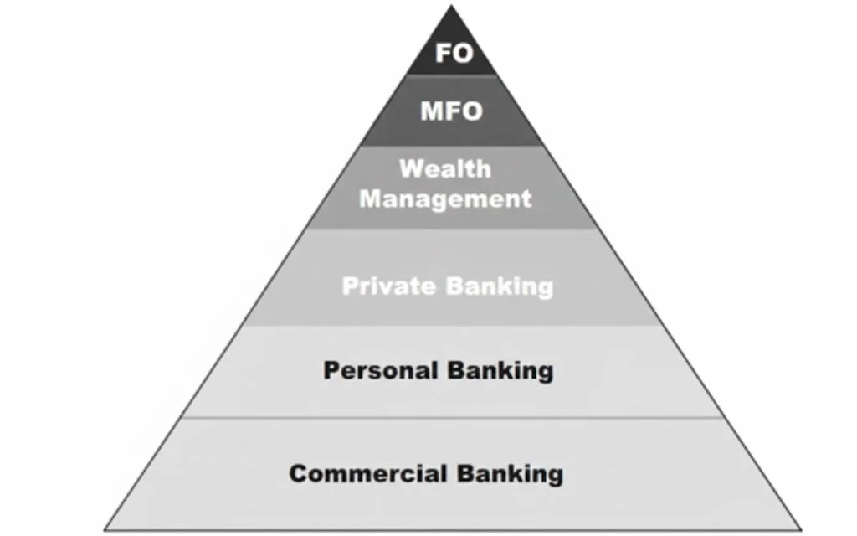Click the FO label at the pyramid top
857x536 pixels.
pos(454,54)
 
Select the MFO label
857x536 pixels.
pos(452,110)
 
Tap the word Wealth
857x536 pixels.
pos(444,168)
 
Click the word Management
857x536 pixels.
pos(445,199)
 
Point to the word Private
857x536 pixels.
pos(388,286)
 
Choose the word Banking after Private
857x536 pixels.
pos(499,286)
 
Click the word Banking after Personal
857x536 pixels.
pos(500,370)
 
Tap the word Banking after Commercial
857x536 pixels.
pos(509,473)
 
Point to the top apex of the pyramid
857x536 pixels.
pos(452,7)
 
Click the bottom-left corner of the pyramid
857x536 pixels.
pos(105,530)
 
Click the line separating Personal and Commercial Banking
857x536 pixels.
pos(452,417)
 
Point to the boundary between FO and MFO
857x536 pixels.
pos(452,75)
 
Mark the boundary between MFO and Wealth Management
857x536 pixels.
pos(452,146)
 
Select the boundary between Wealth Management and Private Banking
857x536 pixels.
pos(452,229)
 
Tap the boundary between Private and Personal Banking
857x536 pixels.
pos(452,327)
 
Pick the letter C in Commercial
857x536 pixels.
pos(298,473)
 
